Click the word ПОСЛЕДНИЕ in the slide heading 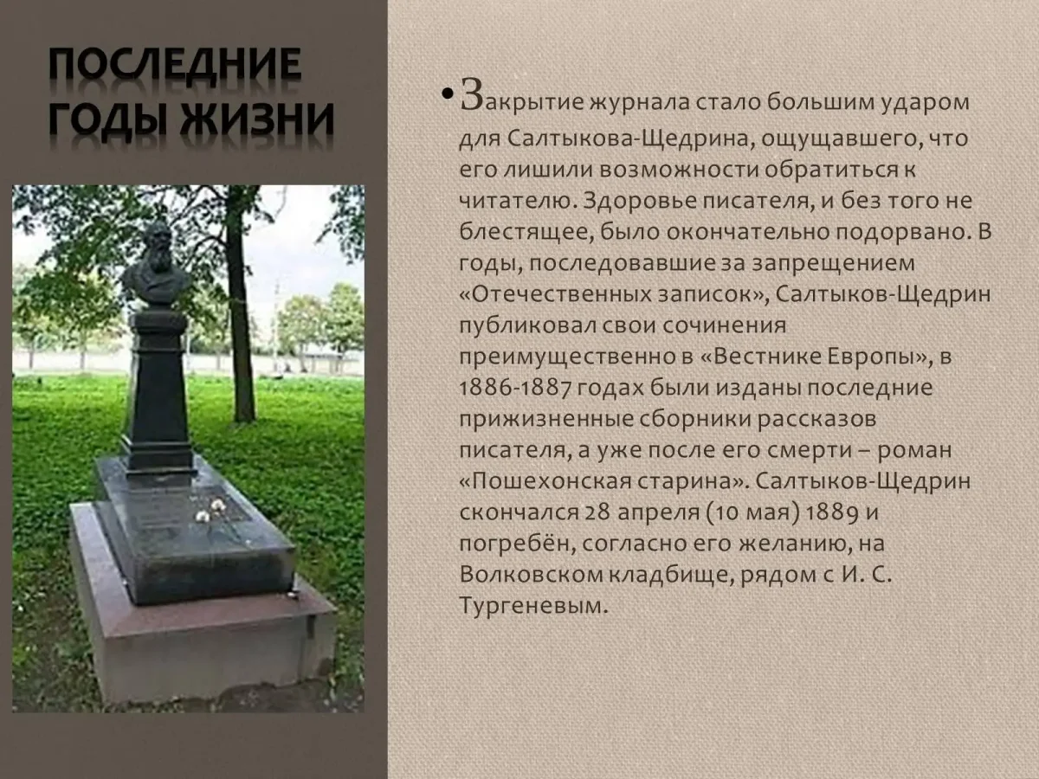[x=174, y=66]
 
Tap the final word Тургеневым [x=529, y=607]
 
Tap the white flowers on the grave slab [x=210, y=509]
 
